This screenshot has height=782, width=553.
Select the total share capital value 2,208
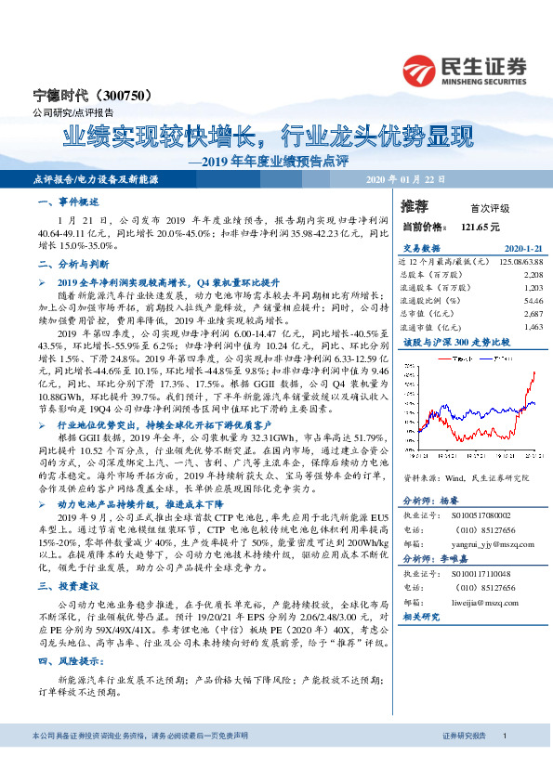(533, 276)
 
